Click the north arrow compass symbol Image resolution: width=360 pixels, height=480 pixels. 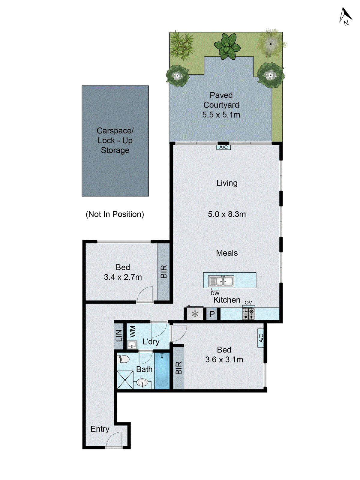tap(346, 16)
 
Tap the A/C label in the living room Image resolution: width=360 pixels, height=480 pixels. tap(223, 147)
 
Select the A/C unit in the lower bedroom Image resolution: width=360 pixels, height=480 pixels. tap(261, 338)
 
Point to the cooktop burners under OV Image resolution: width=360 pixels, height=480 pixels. tap(248, 313)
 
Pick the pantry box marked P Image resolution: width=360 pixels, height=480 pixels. tap(212, 314)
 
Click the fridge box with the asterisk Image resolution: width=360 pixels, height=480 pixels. tap(195, 314)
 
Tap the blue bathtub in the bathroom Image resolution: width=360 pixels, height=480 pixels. tap(162, 370)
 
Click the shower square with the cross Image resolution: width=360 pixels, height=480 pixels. tap(125, 380)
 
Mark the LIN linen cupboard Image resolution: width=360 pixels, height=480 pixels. tap(119, 335)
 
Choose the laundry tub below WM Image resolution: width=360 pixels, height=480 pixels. tap(132, 345)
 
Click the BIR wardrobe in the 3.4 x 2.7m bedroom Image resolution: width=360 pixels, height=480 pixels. tap(163, 271)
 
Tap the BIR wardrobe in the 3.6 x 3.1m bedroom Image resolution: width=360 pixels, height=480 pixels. tap(178, 368)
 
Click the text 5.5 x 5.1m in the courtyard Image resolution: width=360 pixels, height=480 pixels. tap(221, 115)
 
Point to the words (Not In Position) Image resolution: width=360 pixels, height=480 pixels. tap(115, 214)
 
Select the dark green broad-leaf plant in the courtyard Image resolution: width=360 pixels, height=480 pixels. tap(227, 46)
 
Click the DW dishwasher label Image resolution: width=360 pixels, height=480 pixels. tap(215, 293)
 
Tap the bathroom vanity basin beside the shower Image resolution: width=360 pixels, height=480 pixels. tap(142, 383)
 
